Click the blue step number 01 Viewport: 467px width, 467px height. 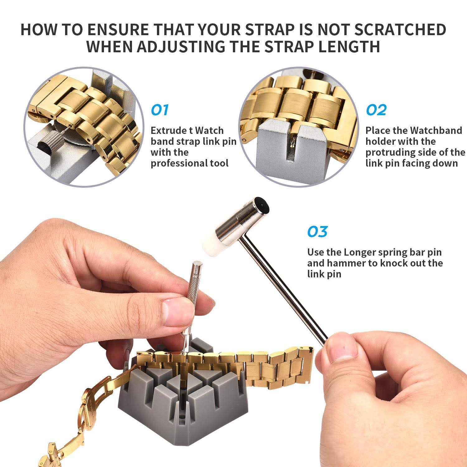pos(160,110)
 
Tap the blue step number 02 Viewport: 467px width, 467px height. pos(376,110)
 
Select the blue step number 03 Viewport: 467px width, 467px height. pos(318,232)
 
